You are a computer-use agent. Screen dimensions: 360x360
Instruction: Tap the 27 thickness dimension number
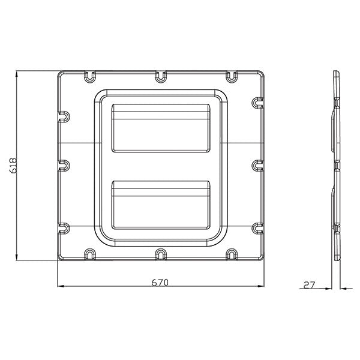(x=310, y=286)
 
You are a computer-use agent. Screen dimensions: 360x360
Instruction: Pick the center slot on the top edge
(x=160, y=77)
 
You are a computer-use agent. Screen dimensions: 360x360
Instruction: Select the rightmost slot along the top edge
(x=232, y=77)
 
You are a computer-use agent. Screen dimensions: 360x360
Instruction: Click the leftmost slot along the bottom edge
(x=89, y=254)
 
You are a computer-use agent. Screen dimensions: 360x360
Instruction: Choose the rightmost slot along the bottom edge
(x=232, y=254)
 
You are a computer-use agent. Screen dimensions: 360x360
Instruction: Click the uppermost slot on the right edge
(x=257, y=103)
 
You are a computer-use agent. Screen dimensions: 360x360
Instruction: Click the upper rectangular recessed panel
(x=161, y=127)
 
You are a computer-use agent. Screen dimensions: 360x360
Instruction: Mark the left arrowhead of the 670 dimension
(x=60, y=287)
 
